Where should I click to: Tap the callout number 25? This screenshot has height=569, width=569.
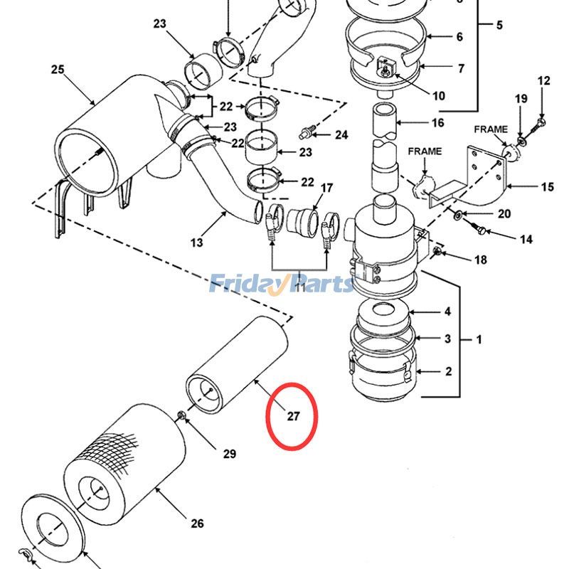[58, 69]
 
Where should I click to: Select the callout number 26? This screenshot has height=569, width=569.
[198, 523]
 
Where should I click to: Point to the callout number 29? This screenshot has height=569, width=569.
[229, 454]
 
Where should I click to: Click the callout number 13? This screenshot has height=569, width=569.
[196, 243]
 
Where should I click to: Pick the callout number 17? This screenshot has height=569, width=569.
[326, 188]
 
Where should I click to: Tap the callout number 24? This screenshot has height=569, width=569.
[341, 135]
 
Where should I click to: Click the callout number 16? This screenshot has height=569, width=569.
[438, 122]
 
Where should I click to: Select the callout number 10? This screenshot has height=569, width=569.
[439, 96]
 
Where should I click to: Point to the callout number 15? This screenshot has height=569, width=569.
[548, 187]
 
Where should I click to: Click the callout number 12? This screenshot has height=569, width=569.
[543, 80]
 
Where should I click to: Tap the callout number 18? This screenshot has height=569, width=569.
[481, 260]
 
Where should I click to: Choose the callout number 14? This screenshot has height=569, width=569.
[526, 240]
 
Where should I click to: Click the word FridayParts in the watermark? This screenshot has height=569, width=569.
[282, 283]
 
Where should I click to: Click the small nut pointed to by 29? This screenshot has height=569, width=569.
[181, 415]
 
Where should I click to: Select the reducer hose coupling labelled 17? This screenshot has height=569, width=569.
[302, 222]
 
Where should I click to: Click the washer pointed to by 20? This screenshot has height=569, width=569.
[458, 216]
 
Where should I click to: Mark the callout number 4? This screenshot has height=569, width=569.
[447, 312]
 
